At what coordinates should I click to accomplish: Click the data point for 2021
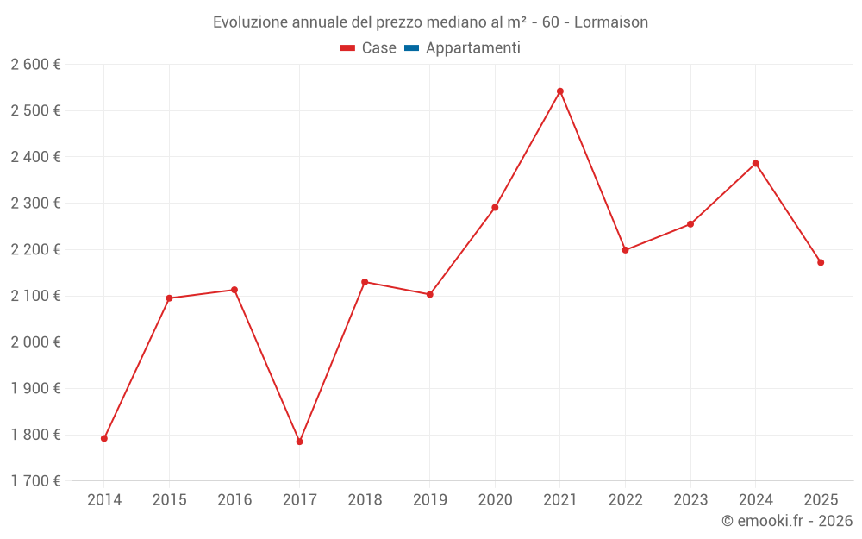(x=560, y=91)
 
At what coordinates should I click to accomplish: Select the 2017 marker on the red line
(x=299, y=442)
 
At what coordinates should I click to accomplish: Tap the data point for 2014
(x=104, y=438)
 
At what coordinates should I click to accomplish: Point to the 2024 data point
(x=756, y=164)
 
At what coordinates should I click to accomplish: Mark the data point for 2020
(x=495, y=207)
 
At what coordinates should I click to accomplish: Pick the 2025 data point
(x=821, y=262)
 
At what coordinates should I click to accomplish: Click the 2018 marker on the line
(x=365, y=282)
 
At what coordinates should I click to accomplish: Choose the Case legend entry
(x=368, y=48)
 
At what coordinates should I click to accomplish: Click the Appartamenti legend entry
(x=463, y=48)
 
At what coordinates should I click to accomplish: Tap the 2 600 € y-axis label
(x=36, y=65)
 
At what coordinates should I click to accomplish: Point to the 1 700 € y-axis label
(x=36, y=481)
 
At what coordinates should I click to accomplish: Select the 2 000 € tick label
(x=36, y=342)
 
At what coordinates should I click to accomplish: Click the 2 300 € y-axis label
(x=36, y=204)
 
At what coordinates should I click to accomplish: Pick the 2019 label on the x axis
(x=429, y=500)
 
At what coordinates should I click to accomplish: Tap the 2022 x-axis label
(x=625, y=500)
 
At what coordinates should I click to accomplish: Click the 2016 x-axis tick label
(x=234, y=500)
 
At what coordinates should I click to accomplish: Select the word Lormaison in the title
(x=609, y=22)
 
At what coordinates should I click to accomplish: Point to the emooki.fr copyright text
(x=787, y=521)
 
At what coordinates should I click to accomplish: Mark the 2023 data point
(x=690, y=224)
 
